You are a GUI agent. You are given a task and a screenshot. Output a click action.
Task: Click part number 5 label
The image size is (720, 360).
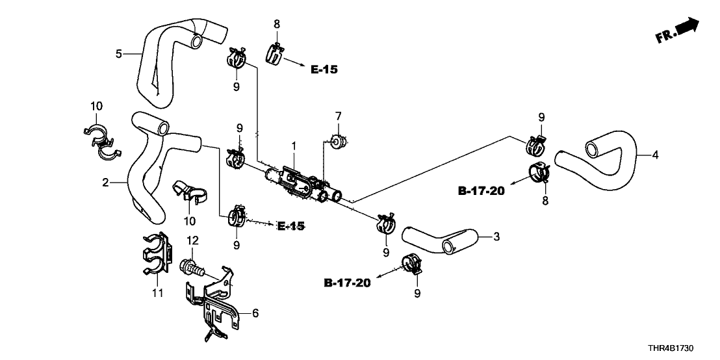coord(119,54)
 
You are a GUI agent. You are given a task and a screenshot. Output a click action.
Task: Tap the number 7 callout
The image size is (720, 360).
coord(338,116)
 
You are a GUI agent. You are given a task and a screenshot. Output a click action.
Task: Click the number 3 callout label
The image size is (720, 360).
coord(496,237)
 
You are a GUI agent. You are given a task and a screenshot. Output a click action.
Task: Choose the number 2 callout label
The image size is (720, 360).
coord(105,183)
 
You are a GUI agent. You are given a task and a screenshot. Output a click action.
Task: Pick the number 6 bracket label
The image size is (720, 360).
coord(255,313)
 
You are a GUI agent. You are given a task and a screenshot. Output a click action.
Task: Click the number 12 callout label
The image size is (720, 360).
coord(192,241)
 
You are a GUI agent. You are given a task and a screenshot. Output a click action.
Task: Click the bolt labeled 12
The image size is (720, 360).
coord(191,266)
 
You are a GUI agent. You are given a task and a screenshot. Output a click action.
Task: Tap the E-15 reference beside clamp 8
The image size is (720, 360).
coord(324,70)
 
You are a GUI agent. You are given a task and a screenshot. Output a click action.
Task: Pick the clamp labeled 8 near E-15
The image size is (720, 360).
coord(276,53)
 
